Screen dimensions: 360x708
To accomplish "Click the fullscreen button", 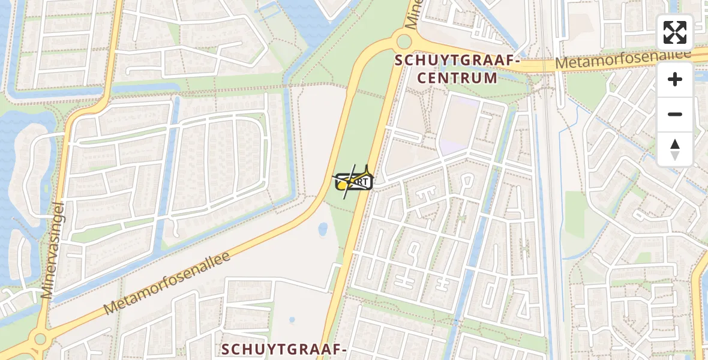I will pyautogui.click(x=675, y=32).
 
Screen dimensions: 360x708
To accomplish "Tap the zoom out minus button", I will pyautogui.click(x=675, y=114).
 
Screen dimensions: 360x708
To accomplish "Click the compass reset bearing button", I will pyautogui.click(x=675, y=149).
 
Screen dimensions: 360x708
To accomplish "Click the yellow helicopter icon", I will pyautogui.click(x=353, y=180).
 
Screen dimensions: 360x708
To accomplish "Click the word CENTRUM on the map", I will pyautogui.click(x=457, y=78).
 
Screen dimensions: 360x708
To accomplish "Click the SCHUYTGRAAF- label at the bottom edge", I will pyautogui.click(x=284, y=350).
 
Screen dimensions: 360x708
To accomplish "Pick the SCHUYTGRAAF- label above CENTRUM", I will pyautogui.click(x=457, y=61).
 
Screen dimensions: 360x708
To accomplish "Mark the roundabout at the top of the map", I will pyautogui.click(x=403, y=41).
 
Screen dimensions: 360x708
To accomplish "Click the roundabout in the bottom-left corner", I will pyautogui.click(x=40, y=339).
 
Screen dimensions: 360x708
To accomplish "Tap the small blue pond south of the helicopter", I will pyautogui.click(x=323, y=229).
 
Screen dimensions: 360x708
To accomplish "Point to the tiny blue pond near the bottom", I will pyautogui.click(x=292, y=320).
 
